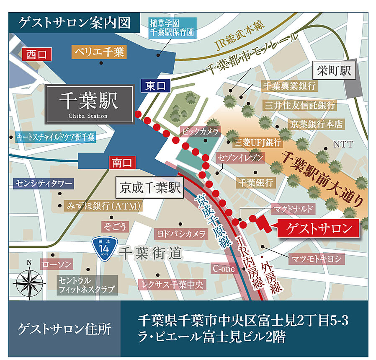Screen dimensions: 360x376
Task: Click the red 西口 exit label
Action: click(37, 54)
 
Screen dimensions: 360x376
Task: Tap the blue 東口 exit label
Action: click(156, 86)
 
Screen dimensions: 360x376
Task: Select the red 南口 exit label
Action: click(122, 163)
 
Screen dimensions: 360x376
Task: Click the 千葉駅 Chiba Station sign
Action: click(89, 104)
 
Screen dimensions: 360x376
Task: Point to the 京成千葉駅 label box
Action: click(149, 189)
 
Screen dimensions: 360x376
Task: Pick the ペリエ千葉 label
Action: click(99, 52)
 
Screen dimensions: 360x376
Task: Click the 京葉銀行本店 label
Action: click(316, 124)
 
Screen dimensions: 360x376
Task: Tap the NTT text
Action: click(343, 145)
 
